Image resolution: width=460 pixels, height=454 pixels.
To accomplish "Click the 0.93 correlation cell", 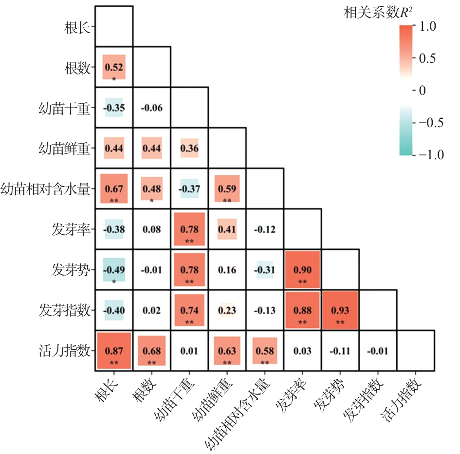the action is click(x=340, y=310).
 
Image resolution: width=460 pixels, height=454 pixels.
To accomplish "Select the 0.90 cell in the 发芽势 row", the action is click(x=302, y=269).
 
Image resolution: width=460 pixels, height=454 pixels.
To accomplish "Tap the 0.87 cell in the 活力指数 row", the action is click(x=114, y=351).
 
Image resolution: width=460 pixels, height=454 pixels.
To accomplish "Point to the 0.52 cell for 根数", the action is click(x=114, y=67).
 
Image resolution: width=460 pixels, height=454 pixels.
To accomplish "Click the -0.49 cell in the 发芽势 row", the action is click(x=114, y=269).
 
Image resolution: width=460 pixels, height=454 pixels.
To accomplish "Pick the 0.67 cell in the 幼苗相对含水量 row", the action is click(x=114, y=189).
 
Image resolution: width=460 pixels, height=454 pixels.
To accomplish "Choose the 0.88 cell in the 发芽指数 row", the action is click(x=302, y=310).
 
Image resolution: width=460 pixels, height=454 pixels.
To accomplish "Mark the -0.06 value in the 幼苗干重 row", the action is click(x=151, y=108).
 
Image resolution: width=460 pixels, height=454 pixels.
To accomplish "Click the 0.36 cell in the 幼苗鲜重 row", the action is click(x=189, y=148).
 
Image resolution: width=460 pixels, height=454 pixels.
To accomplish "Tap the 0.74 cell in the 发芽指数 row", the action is click(x=189, y=310).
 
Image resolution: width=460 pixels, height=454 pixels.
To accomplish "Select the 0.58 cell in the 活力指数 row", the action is click(x=265, y=351).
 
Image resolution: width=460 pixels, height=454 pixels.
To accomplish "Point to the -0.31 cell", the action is click(x=265, y=269).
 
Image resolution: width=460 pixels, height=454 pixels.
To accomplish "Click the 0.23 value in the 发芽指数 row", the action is click(x=227, y=310).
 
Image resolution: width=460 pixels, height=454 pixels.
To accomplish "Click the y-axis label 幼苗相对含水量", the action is click(x=45, y=189).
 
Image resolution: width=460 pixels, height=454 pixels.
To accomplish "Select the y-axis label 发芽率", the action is click(x=71, y=229).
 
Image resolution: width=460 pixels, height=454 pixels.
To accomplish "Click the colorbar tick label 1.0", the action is click(x=428, y=26).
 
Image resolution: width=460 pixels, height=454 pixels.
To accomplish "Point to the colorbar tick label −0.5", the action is click(x=431, y=123).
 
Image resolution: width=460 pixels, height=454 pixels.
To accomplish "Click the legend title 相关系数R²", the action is click(x=378, y=13).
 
